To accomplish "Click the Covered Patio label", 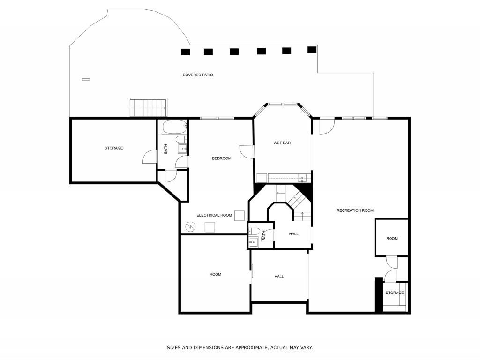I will click(198, 75).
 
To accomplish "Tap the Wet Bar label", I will click(282, 143).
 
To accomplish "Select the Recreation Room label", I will click(355, 210).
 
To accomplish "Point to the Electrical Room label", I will click(214, 215).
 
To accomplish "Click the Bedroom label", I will click(222, 158).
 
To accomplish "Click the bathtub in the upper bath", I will click(174, 126).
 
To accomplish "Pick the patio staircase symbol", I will click(148, 107).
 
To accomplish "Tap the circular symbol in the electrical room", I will click(190, 227).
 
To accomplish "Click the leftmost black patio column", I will click(186, 52).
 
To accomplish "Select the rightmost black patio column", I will click(312, 49).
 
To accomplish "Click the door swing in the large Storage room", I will click(149, 157).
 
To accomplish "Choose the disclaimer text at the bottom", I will click(240, 348).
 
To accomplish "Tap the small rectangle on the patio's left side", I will click(86, 79).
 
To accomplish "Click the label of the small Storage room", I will click(394, 293).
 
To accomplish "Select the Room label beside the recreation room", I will click(392, 239).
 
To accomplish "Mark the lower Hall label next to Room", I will click(279, 277).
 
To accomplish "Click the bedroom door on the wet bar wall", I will click(247, 151).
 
